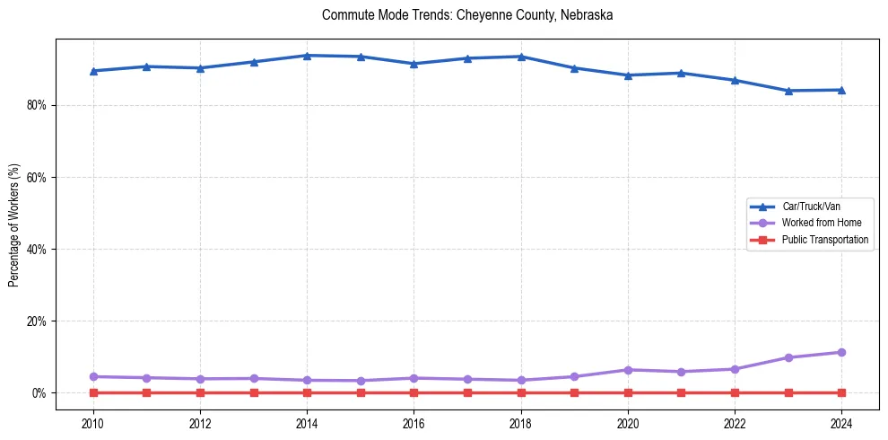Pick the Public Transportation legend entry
(824, 240)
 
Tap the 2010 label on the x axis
(93, 423)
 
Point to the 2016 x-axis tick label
(414, 423)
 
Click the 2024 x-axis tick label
(841, 423)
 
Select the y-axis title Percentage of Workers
(14, 224)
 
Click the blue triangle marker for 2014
(307, 56)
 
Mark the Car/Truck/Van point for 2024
(841, 90)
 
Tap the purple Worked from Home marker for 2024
(841, 352)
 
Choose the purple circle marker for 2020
(628, 370)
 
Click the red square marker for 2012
(200, 392)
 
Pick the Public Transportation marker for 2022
(735, 392)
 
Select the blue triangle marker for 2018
(521, 57)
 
